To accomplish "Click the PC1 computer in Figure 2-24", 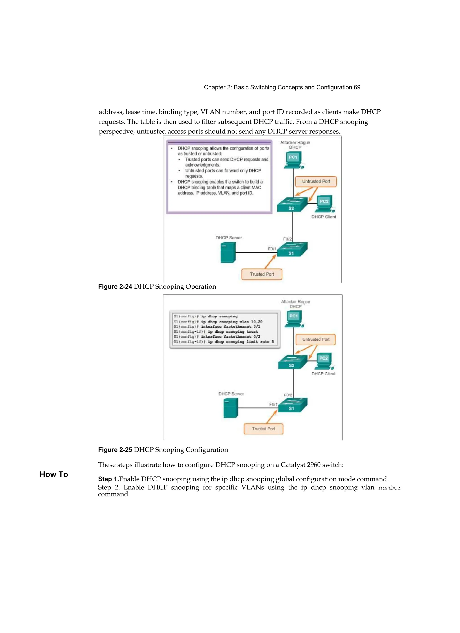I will point(293,160).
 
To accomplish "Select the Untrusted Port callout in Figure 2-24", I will point(316,181).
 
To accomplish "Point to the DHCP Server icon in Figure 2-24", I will point(228,252).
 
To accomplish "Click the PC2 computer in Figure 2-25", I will point(324,361).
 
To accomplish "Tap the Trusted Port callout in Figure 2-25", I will point(263,429).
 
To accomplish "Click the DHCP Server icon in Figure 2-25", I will point(230,408).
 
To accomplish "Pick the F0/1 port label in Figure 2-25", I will point(273,404).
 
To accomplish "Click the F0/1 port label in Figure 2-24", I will point(272,249).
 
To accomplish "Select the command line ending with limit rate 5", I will point(223,342).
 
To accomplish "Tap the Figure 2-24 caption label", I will point(115,287).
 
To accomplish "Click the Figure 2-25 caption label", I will point(115,450).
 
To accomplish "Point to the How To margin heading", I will point(54,474).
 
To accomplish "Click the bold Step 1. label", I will point(108,479).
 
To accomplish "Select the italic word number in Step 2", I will point(390,488).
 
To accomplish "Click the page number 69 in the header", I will point(357,87).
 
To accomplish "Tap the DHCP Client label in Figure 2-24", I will point(323,217).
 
